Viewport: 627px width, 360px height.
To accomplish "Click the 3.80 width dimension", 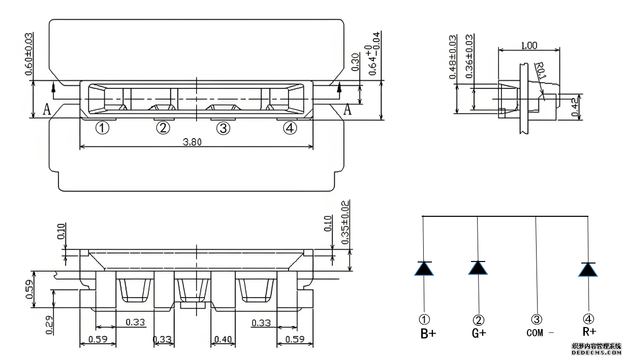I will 193,142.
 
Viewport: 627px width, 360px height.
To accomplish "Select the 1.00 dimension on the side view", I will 529,45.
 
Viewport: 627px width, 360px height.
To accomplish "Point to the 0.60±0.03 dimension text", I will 29,53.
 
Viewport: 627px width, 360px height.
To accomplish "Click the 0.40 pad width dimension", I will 223,339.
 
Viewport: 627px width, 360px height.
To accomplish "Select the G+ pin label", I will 479,333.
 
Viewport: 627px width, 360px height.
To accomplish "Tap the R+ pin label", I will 589,332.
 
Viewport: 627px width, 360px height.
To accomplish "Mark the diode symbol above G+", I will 478,268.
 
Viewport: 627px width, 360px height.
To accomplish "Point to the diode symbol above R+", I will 588,269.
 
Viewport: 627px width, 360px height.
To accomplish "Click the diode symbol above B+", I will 424,268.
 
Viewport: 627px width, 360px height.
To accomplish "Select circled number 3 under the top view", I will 223,128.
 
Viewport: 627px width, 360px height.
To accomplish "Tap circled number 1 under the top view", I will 103,128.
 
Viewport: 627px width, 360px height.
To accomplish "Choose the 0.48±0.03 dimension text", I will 452,57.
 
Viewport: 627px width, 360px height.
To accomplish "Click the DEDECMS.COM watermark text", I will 597,351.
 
